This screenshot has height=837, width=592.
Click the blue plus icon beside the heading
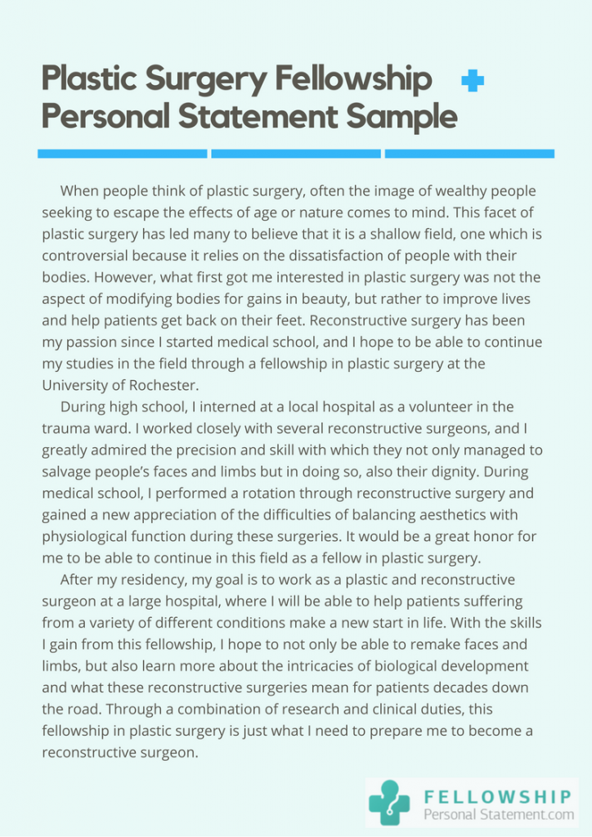pyautogui.click(x=473, y=80)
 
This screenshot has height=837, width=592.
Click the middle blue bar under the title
pyautogui.click(x=296, y=153)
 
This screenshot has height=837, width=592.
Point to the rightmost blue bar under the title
pyautogui.click(x=469, y=153)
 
